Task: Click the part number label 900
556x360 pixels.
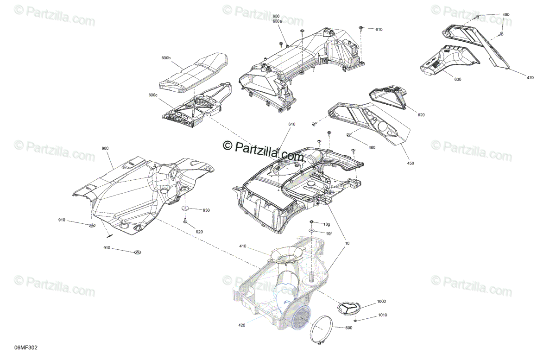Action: [105, 148]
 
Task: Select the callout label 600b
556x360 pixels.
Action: [166, 58]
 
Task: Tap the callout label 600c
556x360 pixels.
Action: [153, 95]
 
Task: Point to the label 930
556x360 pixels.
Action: [206, 210]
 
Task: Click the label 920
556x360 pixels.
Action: [199, 232]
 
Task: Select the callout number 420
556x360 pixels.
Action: [242, 325]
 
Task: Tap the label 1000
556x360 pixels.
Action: [381, 301]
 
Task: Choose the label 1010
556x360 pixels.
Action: [383, 315]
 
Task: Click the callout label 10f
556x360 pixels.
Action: [329, 234]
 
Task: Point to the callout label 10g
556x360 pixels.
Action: [327, 224]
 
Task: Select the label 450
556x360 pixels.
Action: [411, 163]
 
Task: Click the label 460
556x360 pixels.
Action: [372, 147]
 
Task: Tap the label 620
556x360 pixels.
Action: [421, 115]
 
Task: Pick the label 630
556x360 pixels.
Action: [458, 79]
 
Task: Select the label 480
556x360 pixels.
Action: [506, 15]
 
